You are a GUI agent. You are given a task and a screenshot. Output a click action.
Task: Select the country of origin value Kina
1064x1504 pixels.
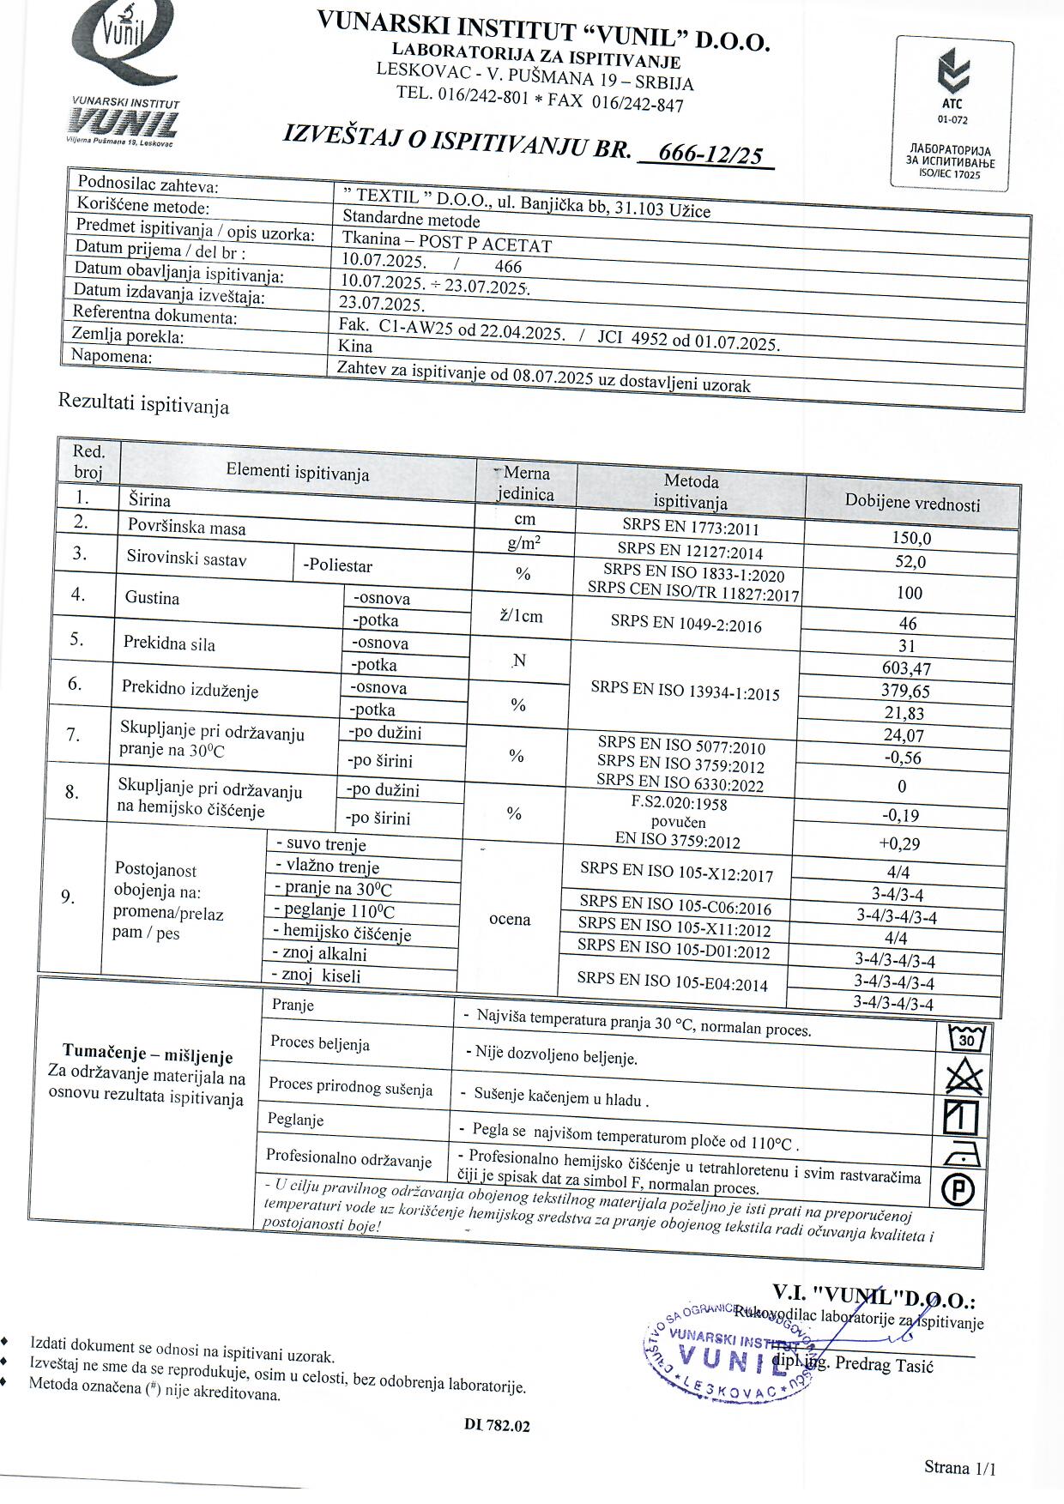pos(355,346)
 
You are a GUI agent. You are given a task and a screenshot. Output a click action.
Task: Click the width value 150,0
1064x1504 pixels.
pos(911,539)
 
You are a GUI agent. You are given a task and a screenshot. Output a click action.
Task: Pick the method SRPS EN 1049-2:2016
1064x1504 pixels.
pos(686,624)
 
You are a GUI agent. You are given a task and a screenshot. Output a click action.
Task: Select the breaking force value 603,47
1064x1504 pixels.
pos(906,668)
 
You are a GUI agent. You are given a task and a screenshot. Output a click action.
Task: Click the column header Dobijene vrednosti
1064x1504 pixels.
pos(912,504)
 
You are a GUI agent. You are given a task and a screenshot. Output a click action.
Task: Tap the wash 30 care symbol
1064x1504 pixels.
pos(967,1039)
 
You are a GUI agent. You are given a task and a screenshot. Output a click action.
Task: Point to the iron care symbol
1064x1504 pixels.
pos(962,1155)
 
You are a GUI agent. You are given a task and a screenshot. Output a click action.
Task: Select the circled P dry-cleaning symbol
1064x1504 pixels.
pos(958,1190)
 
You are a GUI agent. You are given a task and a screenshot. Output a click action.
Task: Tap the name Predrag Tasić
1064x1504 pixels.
pos(883,1365)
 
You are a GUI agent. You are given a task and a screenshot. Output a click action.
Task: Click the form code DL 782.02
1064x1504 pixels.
pos(497,1426)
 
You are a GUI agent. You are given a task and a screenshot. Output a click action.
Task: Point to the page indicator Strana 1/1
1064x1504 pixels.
pos(959,1467)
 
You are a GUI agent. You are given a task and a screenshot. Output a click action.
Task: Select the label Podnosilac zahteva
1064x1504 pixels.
pos(148,184)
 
